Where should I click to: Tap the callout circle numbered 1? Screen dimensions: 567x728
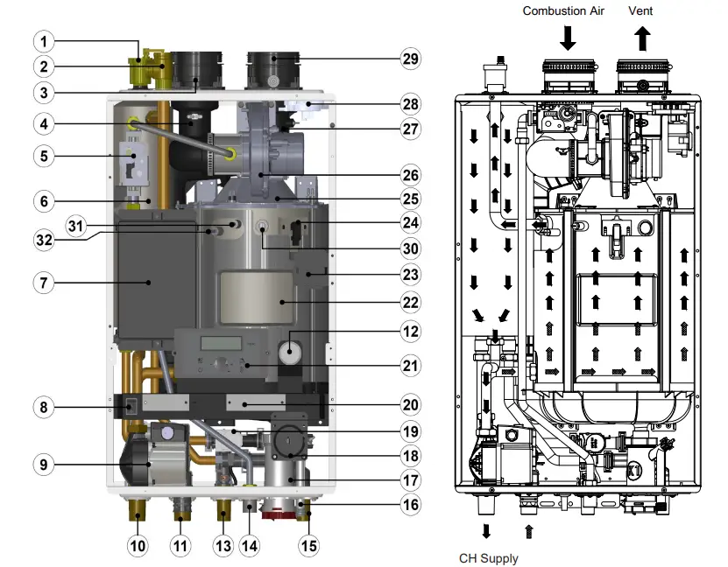point(45,40)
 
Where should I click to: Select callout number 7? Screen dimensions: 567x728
point(45,283)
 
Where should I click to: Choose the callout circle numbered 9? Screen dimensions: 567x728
point(45,465)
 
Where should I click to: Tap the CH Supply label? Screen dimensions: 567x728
point(489,557)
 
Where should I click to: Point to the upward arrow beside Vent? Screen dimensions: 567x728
point(642,38)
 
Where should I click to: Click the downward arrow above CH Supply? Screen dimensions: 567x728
point(486,530)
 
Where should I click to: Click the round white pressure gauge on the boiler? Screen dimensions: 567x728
point(289,352)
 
